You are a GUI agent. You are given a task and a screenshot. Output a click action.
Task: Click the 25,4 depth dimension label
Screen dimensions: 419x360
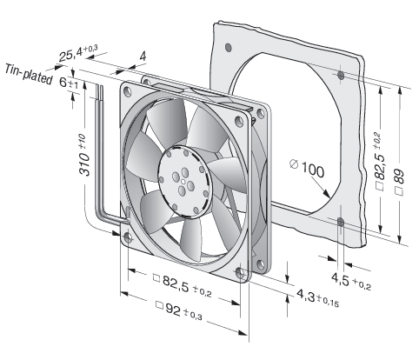(78, 54)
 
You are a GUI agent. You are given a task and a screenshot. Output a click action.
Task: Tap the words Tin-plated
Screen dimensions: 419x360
(29, 75)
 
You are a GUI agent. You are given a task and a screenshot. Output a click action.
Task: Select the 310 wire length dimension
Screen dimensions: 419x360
(83, 155)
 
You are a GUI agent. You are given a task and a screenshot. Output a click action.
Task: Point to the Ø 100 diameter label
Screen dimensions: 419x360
(307, 170)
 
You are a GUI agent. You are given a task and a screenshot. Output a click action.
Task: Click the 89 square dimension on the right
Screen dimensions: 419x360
(400, 181)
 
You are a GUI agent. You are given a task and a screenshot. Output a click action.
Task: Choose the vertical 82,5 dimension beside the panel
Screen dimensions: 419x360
(379, 163)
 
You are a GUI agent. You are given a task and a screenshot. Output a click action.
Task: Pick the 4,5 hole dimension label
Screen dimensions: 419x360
(351, 280)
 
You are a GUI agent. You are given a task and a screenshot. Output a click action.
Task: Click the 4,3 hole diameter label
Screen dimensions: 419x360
(317, 298)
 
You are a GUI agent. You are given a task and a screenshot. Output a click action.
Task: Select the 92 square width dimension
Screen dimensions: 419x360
(179, 310)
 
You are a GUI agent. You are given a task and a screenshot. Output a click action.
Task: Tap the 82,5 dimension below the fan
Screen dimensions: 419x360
(183, 284)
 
